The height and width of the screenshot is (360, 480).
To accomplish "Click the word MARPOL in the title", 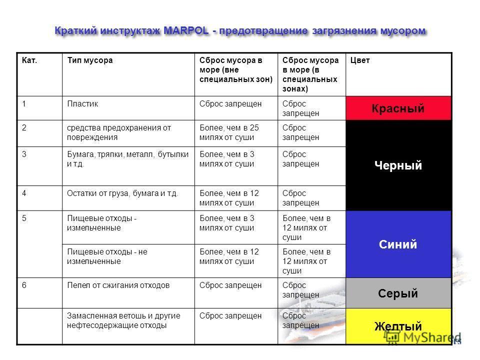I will click(186, 31).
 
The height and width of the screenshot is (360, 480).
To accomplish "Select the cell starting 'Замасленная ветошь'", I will click(123, 320).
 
